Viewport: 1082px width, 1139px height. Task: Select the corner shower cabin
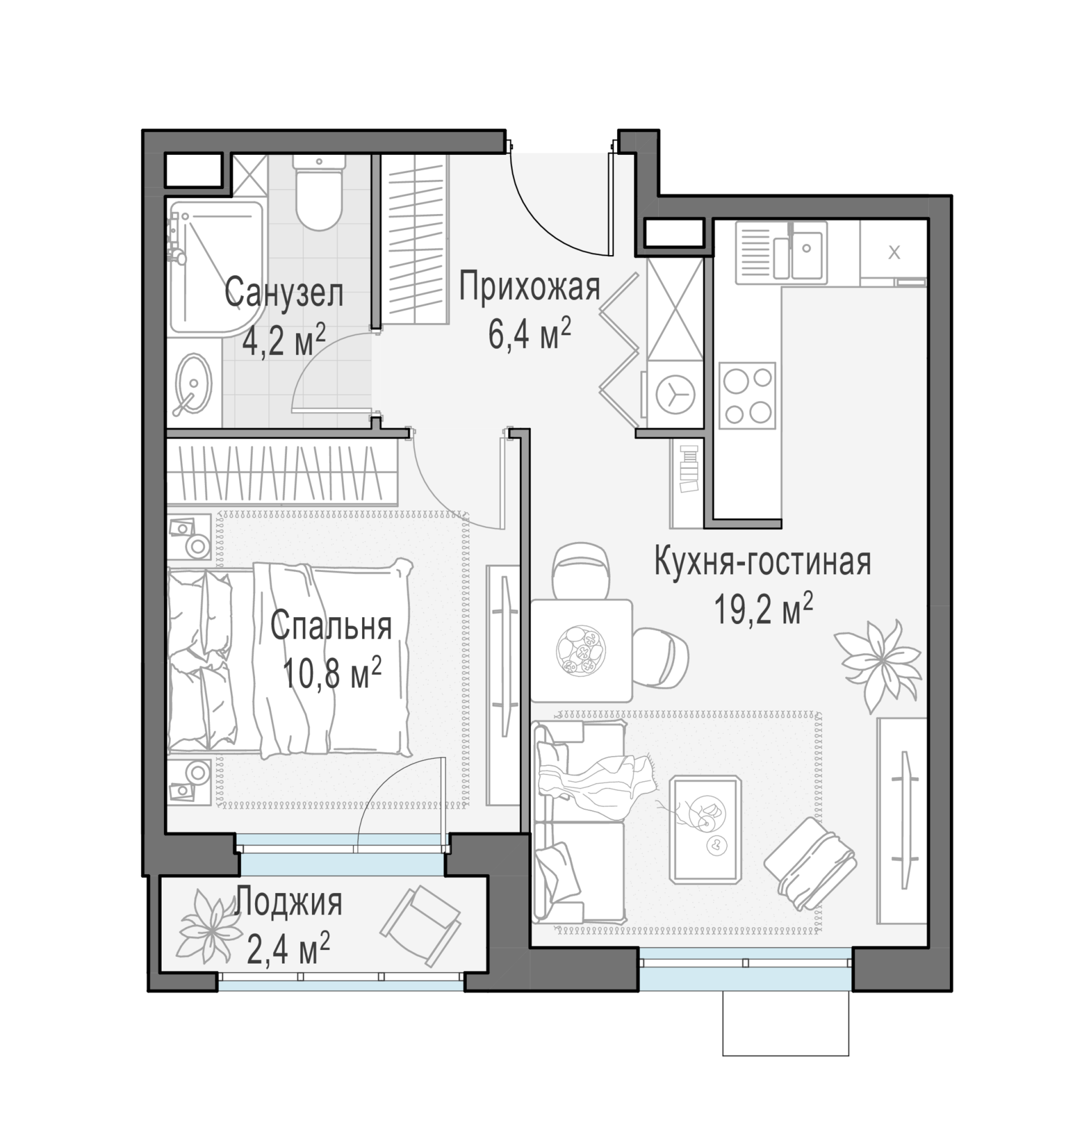[216, 267]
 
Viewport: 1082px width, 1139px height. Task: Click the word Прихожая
[530, 287]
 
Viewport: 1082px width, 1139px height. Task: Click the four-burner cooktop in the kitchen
[748, 396]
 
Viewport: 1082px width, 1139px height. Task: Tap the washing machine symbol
[675, 395]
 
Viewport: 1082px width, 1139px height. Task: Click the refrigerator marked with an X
[894, 253]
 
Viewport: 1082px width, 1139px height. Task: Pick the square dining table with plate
[581, 650]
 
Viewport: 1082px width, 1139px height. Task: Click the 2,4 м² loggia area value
[288, 950]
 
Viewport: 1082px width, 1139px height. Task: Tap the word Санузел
[284, 292]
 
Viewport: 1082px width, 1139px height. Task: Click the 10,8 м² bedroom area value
[332, 673]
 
